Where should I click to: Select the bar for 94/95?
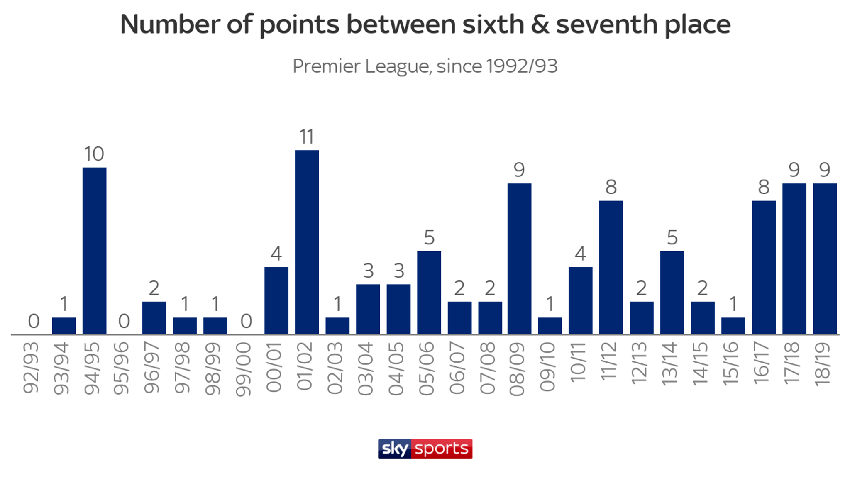pos(94,251)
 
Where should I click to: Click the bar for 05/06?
pos(429,293)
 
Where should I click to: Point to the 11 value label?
pos(307,137)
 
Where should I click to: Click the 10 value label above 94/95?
pos(94,154)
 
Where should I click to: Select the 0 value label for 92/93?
pos(34,321)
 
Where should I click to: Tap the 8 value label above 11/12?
pos(611,188)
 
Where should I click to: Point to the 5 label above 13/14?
pos(672,238)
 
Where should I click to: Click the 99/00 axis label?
pos(244,369)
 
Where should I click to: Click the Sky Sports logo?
pos(425,449)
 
